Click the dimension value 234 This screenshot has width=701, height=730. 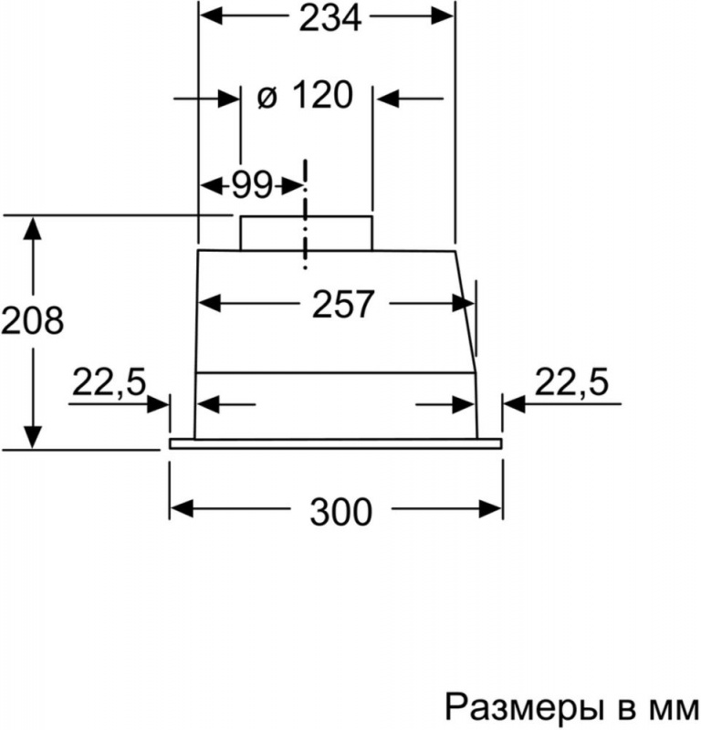[x=330, y=18]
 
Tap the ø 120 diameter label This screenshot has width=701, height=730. [x=305, y=96]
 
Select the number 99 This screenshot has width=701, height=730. [x=252, y=185]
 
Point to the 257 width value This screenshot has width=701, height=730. [x=343, y=304]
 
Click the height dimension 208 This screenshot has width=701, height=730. [x=33, y=320]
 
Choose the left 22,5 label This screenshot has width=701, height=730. [x=110, y=381]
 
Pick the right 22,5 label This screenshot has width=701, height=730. [x=571, y=381]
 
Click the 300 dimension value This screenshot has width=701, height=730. [x=341, y=512]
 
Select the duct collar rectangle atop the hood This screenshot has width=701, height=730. [x=306, y=234]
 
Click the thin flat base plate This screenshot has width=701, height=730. [x=335, y=444]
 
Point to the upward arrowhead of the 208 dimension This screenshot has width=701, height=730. [x=33, y=228]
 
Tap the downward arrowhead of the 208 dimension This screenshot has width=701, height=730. [x=33, y=437]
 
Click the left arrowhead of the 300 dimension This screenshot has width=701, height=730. [x=182, y=509]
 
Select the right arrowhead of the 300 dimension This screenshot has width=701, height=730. [x=490, y=509]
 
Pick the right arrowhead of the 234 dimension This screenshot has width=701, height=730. [x=443, y=16]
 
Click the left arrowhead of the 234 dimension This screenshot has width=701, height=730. [x=212, y=16]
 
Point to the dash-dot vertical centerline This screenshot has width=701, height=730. [x=306, y=214]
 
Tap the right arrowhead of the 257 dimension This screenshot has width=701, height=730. [x=463, y=304]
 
